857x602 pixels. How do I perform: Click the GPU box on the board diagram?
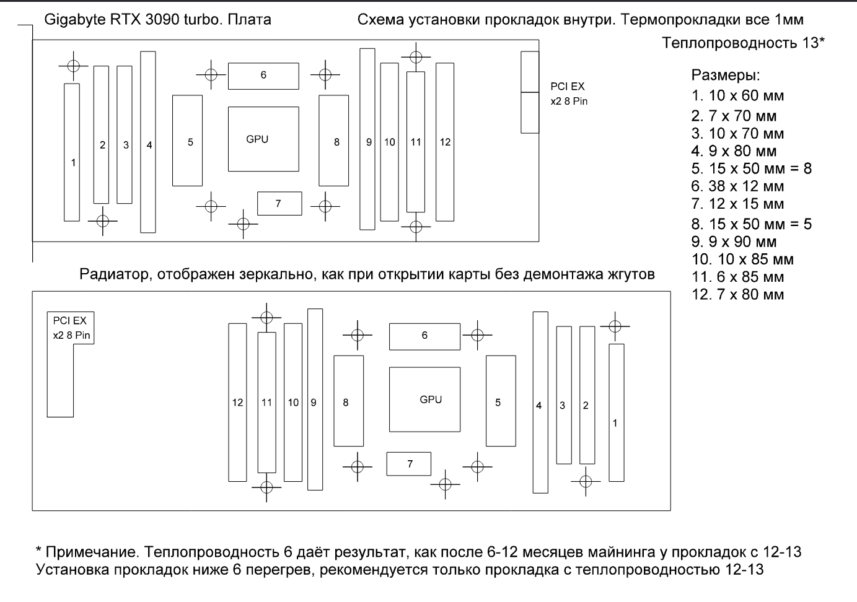pos(263,139)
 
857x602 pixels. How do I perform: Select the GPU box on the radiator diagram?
pos(424,399)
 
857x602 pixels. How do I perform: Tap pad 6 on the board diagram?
pos(263,76)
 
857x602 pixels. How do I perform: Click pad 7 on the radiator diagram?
pos(408,464)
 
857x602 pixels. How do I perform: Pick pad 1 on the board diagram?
pos(72,152)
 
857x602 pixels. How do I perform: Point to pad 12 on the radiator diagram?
pos(237,403)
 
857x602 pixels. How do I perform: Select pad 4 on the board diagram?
pos(148,142)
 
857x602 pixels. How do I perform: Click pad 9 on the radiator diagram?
pos(315,399)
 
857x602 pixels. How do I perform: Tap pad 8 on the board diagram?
pos(333,141)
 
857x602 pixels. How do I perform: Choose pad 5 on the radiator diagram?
pos(501,401)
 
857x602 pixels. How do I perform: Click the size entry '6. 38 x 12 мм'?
pos(737,186)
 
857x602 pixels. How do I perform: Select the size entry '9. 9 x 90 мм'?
pos(734,242)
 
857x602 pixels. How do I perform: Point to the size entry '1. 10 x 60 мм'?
pos(737,96)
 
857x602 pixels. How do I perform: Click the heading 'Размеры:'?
pos(725,76)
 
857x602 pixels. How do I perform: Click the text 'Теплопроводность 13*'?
pos(743,43)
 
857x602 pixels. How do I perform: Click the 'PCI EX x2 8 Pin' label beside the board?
pos(568,94)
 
